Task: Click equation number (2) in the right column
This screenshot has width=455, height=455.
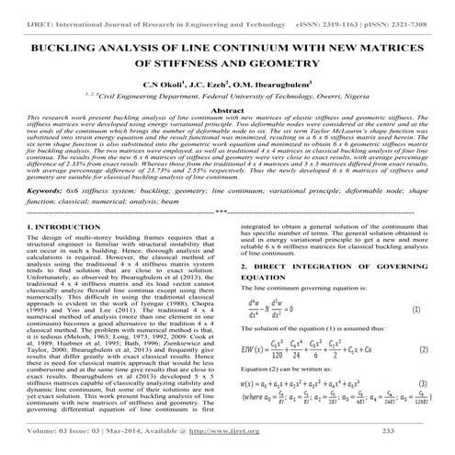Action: (415, 350)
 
